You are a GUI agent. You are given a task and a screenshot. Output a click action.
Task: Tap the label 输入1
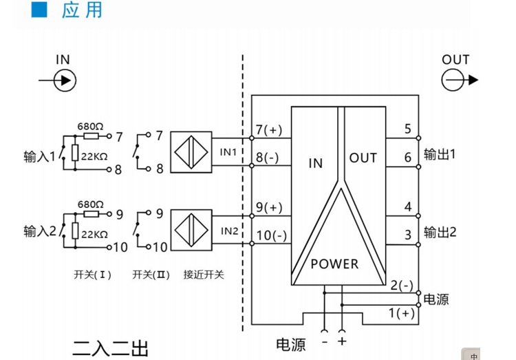pyautogui.click(x=39, y=156)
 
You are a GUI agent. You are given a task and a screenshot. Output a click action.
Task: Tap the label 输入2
pyautogui.click(x=39, y=230)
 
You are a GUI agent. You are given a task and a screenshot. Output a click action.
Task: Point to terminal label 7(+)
pyautogui.click(x=269, y=130)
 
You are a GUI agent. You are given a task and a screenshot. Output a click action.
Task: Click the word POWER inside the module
pyautogui.click(x=334, y=264)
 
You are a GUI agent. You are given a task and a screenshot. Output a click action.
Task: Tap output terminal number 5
pyautogui.click(x=408, y=129)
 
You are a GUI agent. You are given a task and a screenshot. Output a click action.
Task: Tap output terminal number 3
pyautogui.click(x=408, y=235)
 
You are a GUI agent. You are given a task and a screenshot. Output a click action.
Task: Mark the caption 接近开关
pyautogui.click(x=204, y=273)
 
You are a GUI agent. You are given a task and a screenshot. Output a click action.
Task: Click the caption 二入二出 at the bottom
pyautogui.click(x=110, y=346)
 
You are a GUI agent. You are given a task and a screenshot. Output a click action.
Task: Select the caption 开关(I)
pyautogui.click(x=92, y=273)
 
